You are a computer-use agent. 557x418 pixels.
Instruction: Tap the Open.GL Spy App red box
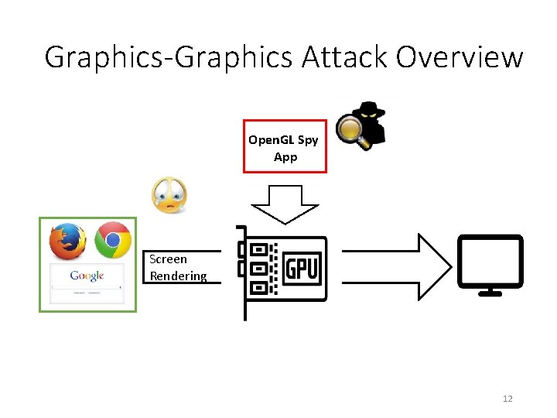point(285,147)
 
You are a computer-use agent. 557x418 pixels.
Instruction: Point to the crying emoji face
point(169,194)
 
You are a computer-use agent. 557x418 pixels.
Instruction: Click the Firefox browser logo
point(67,241)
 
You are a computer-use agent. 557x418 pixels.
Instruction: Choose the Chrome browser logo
point(113,240)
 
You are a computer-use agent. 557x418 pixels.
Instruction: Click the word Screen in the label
point(168,259)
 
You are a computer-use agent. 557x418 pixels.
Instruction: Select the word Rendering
point(178,276)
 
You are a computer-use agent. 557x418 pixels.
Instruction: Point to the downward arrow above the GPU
point(285,204)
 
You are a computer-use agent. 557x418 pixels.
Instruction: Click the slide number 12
point(507,399)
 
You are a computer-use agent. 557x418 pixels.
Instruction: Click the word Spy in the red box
point(307,140)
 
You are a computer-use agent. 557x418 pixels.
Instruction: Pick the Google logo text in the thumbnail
point(87,276)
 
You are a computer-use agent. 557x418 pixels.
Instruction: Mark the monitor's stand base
point(489,293)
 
